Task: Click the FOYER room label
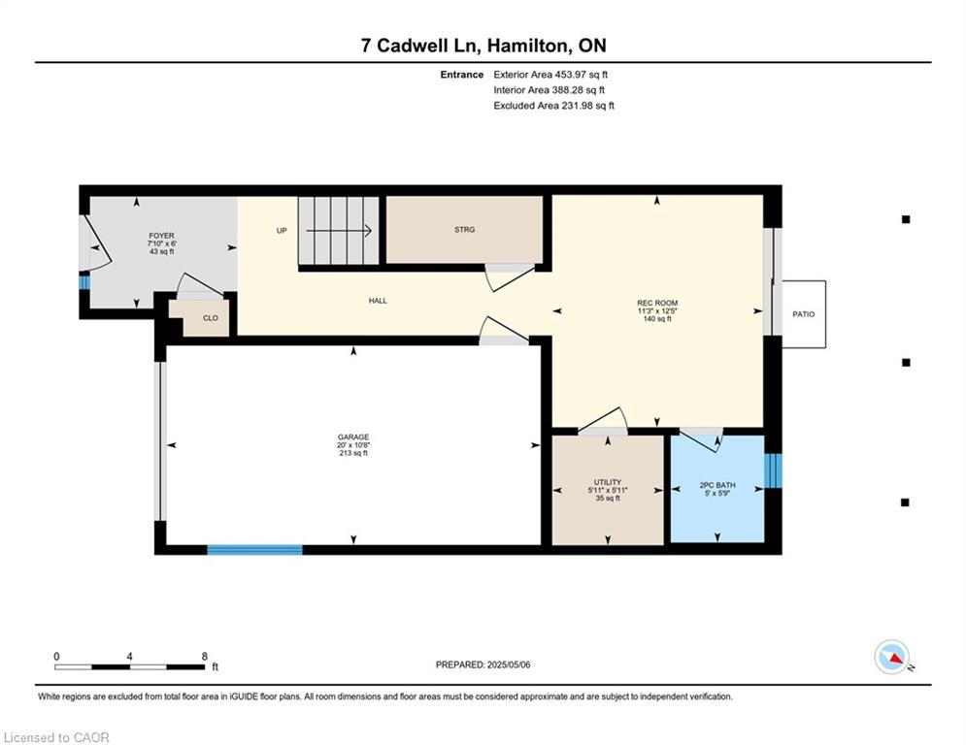point(161,236)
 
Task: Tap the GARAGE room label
point(353,437)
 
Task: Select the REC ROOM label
point(657,303)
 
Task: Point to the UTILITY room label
point(608,482)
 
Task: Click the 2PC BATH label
point(717,485)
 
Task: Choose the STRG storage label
point(464,230)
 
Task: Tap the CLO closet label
point(211,318)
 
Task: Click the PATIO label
point(803,314)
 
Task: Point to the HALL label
point(378,301)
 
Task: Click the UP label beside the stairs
point(282,231)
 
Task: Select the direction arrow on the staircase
point(339,231)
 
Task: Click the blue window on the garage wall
point(255,550)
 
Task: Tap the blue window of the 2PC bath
point(773,470)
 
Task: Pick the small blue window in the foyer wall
point(84,282)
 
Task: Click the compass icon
point(892,658)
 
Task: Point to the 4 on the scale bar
point(129,657)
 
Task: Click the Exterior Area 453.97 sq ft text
point(550,75)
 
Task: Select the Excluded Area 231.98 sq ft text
point(553,106)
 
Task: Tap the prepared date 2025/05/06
point(509,664)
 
